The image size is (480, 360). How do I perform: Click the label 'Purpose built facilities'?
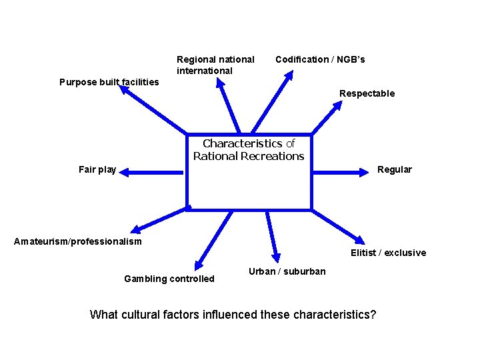pyautogui.click(x=109, y=82)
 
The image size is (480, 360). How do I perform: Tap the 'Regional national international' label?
pyautogui.click(x=215, y=65)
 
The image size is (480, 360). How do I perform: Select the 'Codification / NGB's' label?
pyautogui.click(x=320, y=59)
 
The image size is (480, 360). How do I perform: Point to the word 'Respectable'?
pyautogui.click(x=367, y=93)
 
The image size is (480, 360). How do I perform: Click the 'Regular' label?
pyautogui.click(x=394, y=169)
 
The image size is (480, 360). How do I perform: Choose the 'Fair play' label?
pyautogui.click(x=97, y=169)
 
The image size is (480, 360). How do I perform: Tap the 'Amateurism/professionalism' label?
pyautogui.click(x=78, y=241)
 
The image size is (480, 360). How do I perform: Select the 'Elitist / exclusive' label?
pyautogui.click(x=388, y=253)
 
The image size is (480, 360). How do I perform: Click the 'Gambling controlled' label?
pyautogui.click(x=169, y=279)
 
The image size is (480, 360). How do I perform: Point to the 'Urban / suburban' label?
pyautogui.click(x=287, y=271)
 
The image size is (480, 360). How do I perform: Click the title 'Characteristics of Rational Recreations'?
pyautogui.click(x=249, y=150)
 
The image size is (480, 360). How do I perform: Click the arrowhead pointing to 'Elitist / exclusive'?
pyautogui.click(x=360, y=240)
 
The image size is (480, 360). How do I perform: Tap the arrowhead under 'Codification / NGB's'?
pyautogui.click(x=287, y=77)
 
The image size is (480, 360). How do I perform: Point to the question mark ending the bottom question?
pyautogui.click(x=373, y=314)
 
